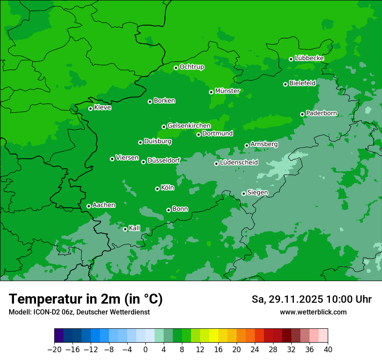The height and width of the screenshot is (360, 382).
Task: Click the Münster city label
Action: [x=227, y=91]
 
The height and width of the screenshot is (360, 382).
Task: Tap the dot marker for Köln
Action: [x=157, y=189]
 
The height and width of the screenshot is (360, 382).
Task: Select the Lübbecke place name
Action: [x=309, y=58]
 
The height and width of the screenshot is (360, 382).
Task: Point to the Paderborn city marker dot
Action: [x=302, y=114]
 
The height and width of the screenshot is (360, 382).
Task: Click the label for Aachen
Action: [x=104, y=205]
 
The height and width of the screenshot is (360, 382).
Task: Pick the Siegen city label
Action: [x=257, y=193]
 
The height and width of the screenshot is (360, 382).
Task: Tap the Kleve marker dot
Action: [x=90, y=108]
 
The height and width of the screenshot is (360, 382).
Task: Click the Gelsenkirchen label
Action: [x=189, y=126]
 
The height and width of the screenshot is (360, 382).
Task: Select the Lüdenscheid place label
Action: [x=239, y=163]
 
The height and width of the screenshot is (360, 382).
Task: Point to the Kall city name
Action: [x=135, y=228]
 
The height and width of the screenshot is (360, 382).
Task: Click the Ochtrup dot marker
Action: [x=176, y=68]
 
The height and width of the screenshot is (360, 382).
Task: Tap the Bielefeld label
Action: [x=302, y=83]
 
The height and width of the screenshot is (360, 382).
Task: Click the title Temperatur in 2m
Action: [x=86, y=299]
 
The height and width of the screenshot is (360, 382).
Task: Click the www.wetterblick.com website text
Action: [x=313, y=312]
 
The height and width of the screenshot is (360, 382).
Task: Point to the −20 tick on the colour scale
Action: [x=54, y=349]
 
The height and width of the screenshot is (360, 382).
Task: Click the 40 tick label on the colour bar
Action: [x=328, y=349]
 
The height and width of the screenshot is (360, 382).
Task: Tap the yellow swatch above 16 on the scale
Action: [x=214, y=336]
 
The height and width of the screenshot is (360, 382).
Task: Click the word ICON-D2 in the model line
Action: [x=42, y=312]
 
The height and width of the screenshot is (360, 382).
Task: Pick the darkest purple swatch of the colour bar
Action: [x=59, y=336]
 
